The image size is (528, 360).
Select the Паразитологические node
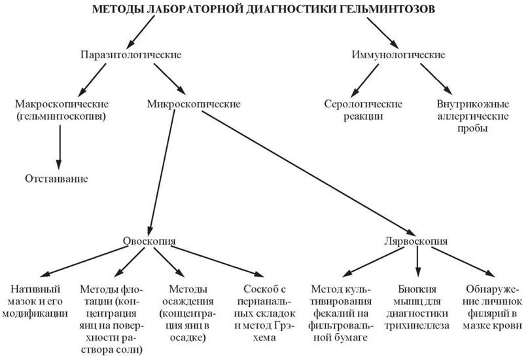[131, 54]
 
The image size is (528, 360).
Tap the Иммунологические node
[398, 54]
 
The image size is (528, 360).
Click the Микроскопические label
[194, 103]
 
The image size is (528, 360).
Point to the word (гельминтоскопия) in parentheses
[62, 117]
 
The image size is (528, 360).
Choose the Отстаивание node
[56, 179]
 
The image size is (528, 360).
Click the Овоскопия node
[149, 241]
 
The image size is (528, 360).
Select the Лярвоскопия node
[416, 241]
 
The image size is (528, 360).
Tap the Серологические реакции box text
[363, 110]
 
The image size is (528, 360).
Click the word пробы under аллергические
[472, 129]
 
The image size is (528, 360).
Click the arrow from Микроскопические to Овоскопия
[162, 171]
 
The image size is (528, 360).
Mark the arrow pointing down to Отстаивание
[60, 147]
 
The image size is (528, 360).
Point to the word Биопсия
[417, 289]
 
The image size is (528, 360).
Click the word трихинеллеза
[417, 326]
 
